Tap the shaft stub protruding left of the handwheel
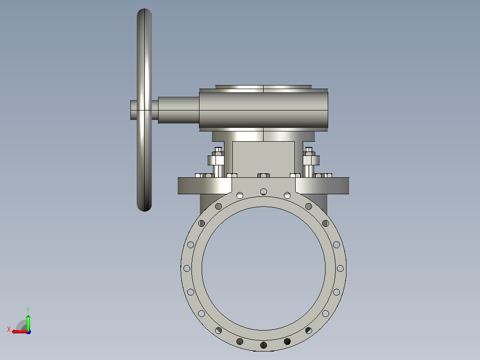click(x=134, y=110)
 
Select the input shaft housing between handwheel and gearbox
click(x=179, y=110)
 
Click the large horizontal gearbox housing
click(x=264, y=110)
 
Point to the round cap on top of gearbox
click(x=264, y=87)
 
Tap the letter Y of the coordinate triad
click(x=28, y=310)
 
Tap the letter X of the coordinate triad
click(x=9, y=329)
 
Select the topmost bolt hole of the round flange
click(x=264, y=192)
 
